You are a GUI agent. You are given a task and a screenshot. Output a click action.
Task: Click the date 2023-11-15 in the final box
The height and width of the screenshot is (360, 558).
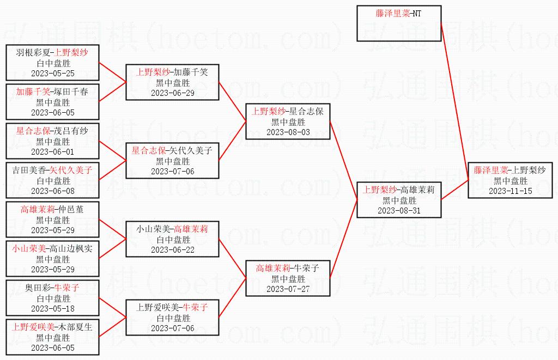point(510,191)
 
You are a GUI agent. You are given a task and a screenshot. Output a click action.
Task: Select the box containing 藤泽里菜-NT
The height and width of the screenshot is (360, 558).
point(399,23)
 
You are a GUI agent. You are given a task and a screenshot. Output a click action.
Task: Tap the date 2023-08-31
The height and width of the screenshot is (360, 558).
point(399,211)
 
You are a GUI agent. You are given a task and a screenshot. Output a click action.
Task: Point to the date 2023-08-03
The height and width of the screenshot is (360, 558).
point(288,132)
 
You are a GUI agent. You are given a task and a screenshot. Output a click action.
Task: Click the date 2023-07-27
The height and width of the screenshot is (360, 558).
point(288,289)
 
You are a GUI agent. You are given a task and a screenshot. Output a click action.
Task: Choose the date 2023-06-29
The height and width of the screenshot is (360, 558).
point(173,93)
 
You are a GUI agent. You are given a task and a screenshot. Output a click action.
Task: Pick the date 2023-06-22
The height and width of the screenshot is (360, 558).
point(173,250)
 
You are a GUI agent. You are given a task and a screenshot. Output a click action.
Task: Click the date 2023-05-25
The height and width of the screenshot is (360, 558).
point(52,74)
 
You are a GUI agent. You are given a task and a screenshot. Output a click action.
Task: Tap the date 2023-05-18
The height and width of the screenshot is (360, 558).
point(52,309)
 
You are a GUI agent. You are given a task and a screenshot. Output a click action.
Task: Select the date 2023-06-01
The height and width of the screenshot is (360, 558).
point(52,152)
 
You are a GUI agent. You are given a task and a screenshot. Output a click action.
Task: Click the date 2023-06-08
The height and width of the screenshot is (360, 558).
point(52,191)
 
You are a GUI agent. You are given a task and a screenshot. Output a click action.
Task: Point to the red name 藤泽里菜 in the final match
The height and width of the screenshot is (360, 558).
point(490,170)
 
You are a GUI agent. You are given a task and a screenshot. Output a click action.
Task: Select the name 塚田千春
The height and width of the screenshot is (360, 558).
point(71,91)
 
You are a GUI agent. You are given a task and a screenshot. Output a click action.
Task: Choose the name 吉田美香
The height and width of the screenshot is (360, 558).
point(29,170)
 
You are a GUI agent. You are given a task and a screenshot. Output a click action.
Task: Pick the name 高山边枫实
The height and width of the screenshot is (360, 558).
point(71,248)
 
